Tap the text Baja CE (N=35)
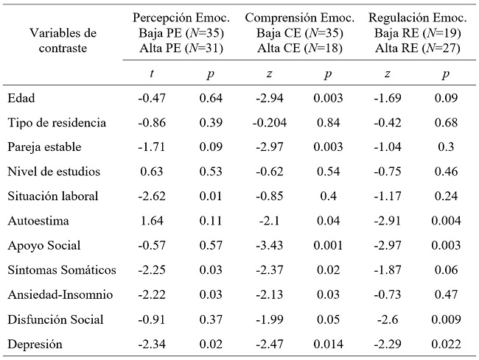coord(300,32)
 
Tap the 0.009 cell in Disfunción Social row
coord(445,319)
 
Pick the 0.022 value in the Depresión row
coord(445,344)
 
